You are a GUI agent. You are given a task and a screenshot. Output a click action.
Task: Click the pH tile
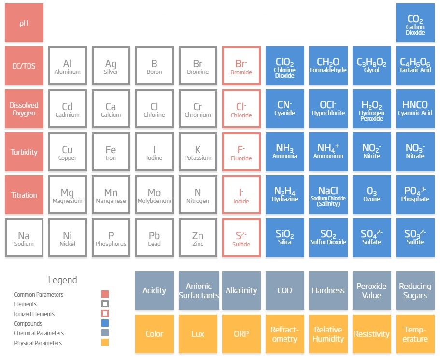pos(24,23)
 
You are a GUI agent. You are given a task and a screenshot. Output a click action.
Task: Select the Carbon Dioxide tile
pos(415,23)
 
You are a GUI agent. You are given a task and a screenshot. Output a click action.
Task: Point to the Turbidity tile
pos(24,152)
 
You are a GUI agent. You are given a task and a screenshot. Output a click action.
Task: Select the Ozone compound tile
pos(371,195)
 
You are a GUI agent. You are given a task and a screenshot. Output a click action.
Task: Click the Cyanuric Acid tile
pos(415,109)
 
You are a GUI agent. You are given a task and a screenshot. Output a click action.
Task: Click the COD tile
pos(285,290)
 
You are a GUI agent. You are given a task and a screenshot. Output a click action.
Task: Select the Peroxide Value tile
pos(371,290)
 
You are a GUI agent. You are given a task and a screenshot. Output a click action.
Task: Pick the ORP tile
pos(241,334)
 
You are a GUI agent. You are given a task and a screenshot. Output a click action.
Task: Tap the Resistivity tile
pos(371,334)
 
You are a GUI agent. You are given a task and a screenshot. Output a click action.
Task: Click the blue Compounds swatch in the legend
pos(105,323)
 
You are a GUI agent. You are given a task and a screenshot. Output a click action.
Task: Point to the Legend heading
pos(62,280)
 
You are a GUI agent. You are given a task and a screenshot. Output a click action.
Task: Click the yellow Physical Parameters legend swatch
pos(105,343)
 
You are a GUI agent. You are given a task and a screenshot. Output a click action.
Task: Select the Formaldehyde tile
pos(328,66)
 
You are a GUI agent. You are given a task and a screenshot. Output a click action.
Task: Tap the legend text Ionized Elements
pos(34,314)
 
